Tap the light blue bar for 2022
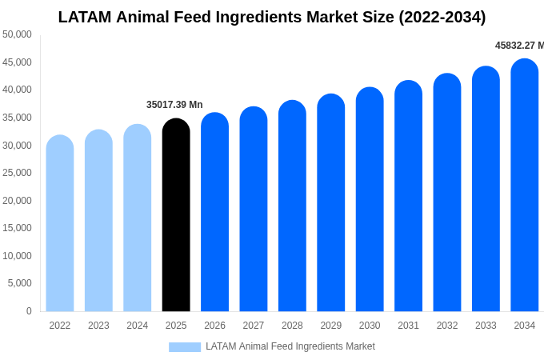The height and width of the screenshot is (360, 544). coord(60,223)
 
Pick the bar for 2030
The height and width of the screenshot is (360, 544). coord(370,199)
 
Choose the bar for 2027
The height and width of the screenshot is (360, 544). coord(254,209)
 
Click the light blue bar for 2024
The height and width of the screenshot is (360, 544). coord(138,218)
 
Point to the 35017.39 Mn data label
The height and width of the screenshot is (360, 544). coord(174,105)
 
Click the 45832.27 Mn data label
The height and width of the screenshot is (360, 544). coord(519,46)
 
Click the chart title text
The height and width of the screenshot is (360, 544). coord(272,17)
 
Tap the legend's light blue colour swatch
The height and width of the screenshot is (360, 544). coord(185,346)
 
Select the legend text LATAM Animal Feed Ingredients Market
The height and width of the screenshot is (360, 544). coord(290,346)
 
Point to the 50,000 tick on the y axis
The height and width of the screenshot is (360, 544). coord(17,34)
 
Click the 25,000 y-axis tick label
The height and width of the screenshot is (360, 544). coord(17,173)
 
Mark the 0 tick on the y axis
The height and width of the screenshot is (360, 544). coord(29,311)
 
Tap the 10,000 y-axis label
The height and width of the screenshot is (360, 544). coord(17,256)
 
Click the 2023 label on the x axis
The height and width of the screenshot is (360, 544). coord(98,326)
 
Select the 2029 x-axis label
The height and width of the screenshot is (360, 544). coord(331,326)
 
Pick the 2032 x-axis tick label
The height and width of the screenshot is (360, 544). coord(447,326)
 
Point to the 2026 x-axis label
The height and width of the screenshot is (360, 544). coord(214,326)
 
